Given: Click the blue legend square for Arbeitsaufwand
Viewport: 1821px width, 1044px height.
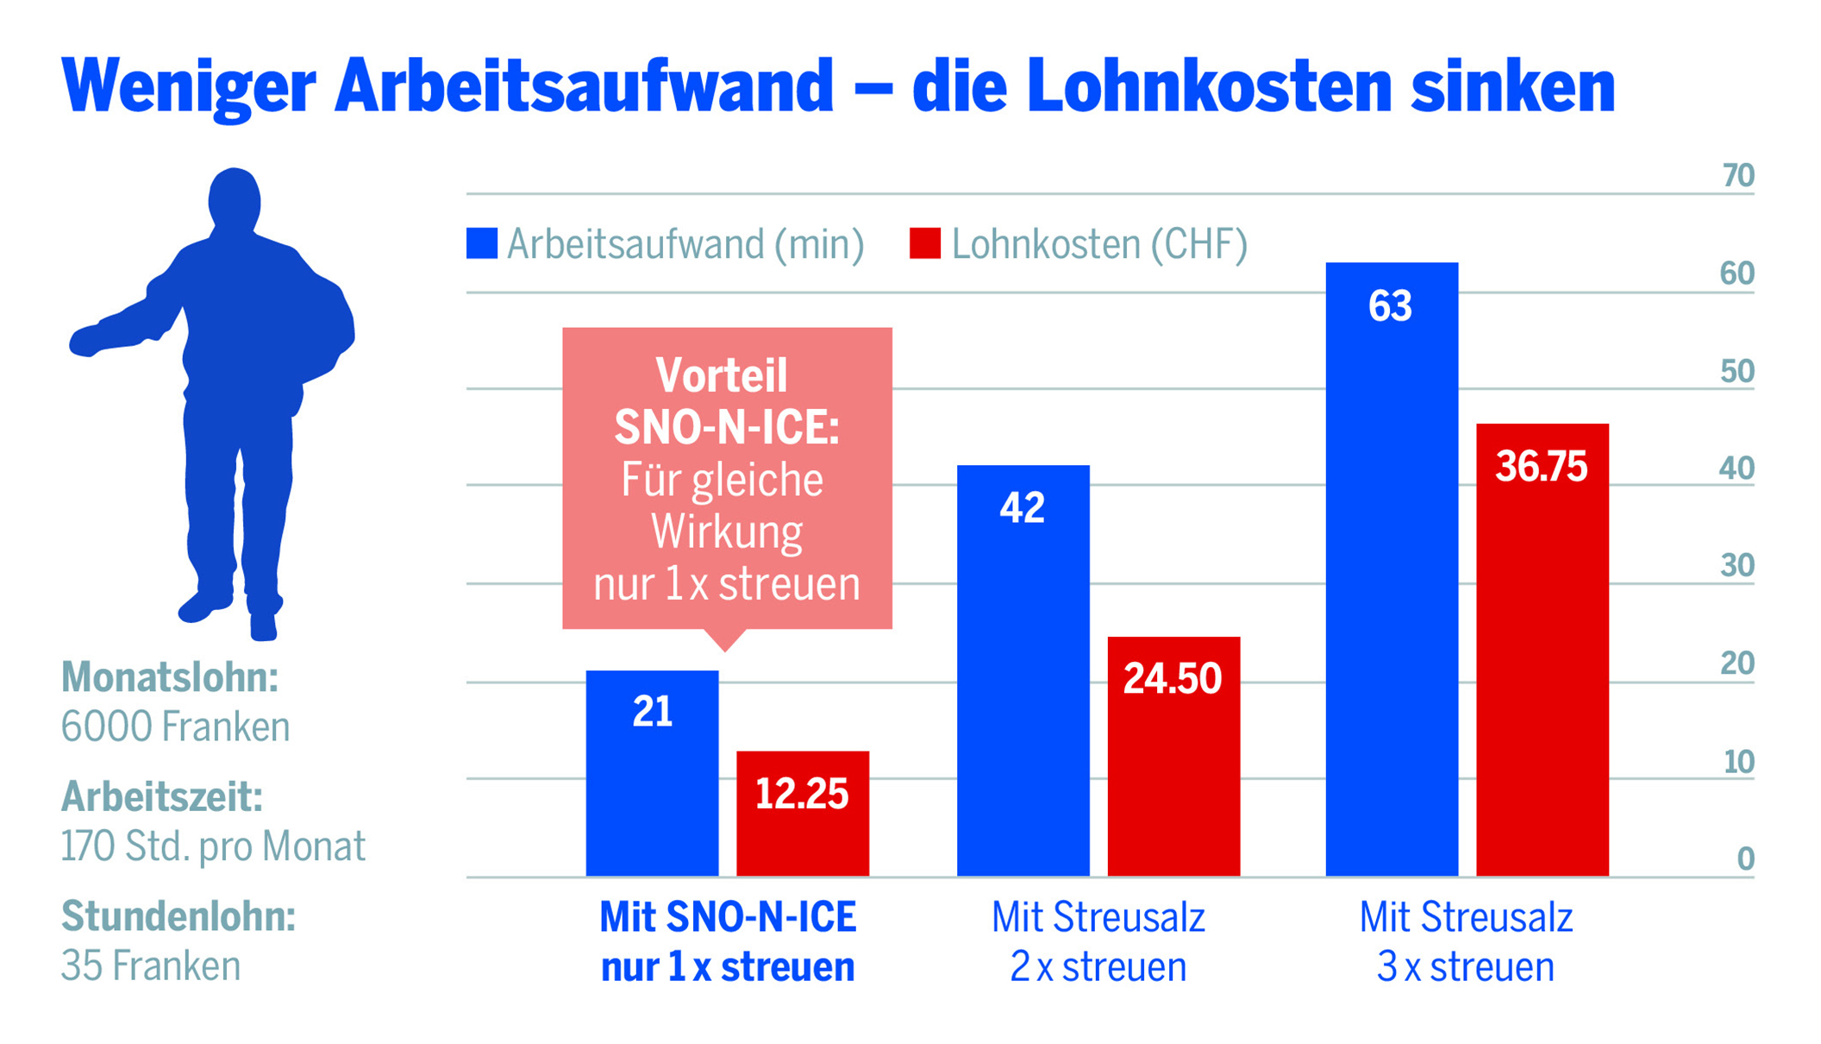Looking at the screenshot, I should (482, 243).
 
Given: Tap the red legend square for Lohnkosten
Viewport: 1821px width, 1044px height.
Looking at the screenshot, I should (924, 243).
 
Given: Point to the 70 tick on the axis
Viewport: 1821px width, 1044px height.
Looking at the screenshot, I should (1737, 176).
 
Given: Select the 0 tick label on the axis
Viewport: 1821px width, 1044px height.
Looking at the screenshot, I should (1745, 858).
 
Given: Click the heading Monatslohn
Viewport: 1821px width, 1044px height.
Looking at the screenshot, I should (170, 677).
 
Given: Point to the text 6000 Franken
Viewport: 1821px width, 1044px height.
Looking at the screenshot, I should (175, 726).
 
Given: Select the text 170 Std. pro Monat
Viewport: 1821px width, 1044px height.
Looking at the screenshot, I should (213, 846).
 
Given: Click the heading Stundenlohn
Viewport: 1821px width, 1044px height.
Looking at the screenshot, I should (178, 916).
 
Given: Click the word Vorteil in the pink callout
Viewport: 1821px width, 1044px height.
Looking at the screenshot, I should (722, 375).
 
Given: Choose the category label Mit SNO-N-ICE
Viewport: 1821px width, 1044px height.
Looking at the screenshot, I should (728, 917).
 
